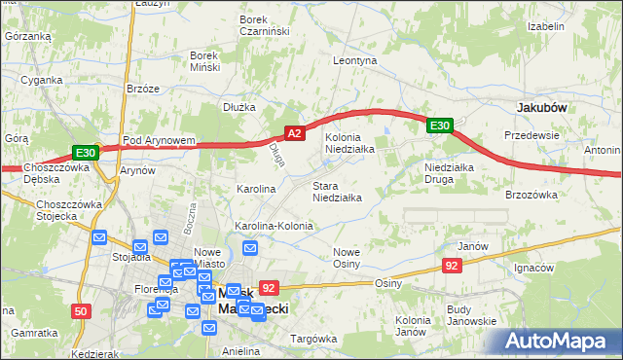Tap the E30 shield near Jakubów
point(439,126)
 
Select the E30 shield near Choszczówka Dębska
point(85,153)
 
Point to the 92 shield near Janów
point(451,266)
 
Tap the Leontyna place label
point(354,60)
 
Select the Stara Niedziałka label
point(337,192)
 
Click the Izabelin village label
point(546,26)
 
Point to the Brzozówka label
point(531,195)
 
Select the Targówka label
point(312,339)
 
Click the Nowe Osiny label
point(347,258)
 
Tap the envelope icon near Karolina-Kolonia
point(250,248)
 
